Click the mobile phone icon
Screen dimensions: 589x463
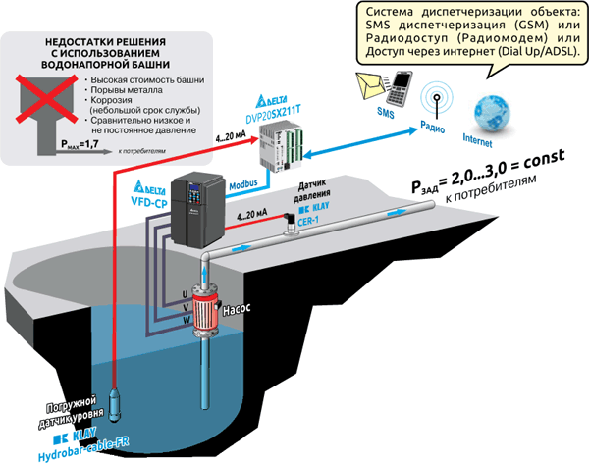pyautogui.click(x=400, y=88)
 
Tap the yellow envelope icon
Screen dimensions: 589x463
pyautogui.click(x=371, y=85)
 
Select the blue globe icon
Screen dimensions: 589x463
pyautogui.click(x=493, y=113)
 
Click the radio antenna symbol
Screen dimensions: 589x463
pyautogui.click(x=437, y=99)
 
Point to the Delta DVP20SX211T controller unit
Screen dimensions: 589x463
pyautogui.click(x=281, y=146)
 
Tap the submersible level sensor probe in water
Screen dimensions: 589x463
pyautogui.click(x=115, y=404)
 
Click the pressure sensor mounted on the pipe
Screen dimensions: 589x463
pyautogui.click(x=290, y=225)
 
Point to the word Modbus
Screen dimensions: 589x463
pyautogui.click(x=243, y=184)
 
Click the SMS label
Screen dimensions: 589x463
pyautogui.click(x=386, y=112)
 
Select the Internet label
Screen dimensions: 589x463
pyautogui.click(x=477, y=140)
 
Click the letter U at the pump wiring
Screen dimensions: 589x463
pyautogui.click(x=185, y=295)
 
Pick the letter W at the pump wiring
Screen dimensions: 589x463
pyautogui.click(x=187, y=321)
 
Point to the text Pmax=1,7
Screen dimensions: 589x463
pyautogui.click(x=80, y=144)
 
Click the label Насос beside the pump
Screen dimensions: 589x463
pyautogui.click(x=237, y=310)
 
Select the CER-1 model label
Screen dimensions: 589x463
pyautogui.click(x=307, y=221)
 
